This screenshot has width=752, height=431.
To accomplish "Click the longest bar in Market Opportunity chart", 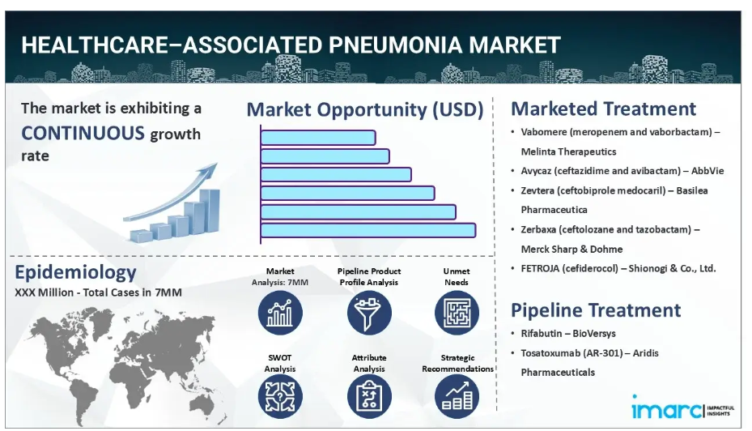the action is coord(368,230).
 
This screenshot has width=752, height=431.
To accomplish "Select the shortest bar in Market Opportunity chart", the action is coord(318,138).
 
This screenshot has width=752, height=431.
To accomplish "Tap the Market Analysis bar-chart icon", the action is coord(280,313).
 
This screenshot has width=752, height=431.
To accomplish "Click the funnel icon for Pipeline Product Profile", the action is coord(369,313).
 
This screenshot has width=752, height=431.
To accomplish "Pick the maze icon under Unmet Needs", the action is coord(457,313).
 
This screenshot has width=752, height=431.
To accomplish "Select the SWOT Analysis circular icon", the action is coord(280,396).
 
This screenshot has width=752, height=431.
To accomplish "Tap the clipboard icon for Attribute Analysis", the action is coord(369,396).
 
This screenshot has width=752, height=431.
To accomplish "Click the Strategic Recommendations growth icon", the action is coord(457,396).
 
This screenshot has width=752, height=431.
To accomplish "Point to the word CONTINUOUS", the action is coord(83,133).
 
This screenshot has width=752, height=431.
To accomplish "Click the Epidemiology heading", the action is coord(76,272).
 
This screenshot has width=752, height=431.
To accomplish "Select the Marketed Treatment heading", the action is coord(603,109).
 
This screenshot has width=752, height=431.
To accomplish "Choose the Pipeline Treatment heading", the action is coord(596,310).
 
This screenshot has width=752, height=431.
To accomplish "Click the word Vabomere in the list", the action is coord(544,132).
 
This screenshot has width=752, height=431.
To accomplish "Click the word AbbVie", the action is coord(707,171).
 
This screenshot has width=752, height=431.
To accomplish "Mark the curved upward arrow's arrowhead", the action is coord(210,169).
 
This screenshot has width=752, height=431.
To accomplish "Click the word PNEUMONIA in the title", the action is coord(395,45).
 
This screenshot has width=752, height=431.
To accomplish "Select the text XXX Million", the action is coord(45,292).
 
